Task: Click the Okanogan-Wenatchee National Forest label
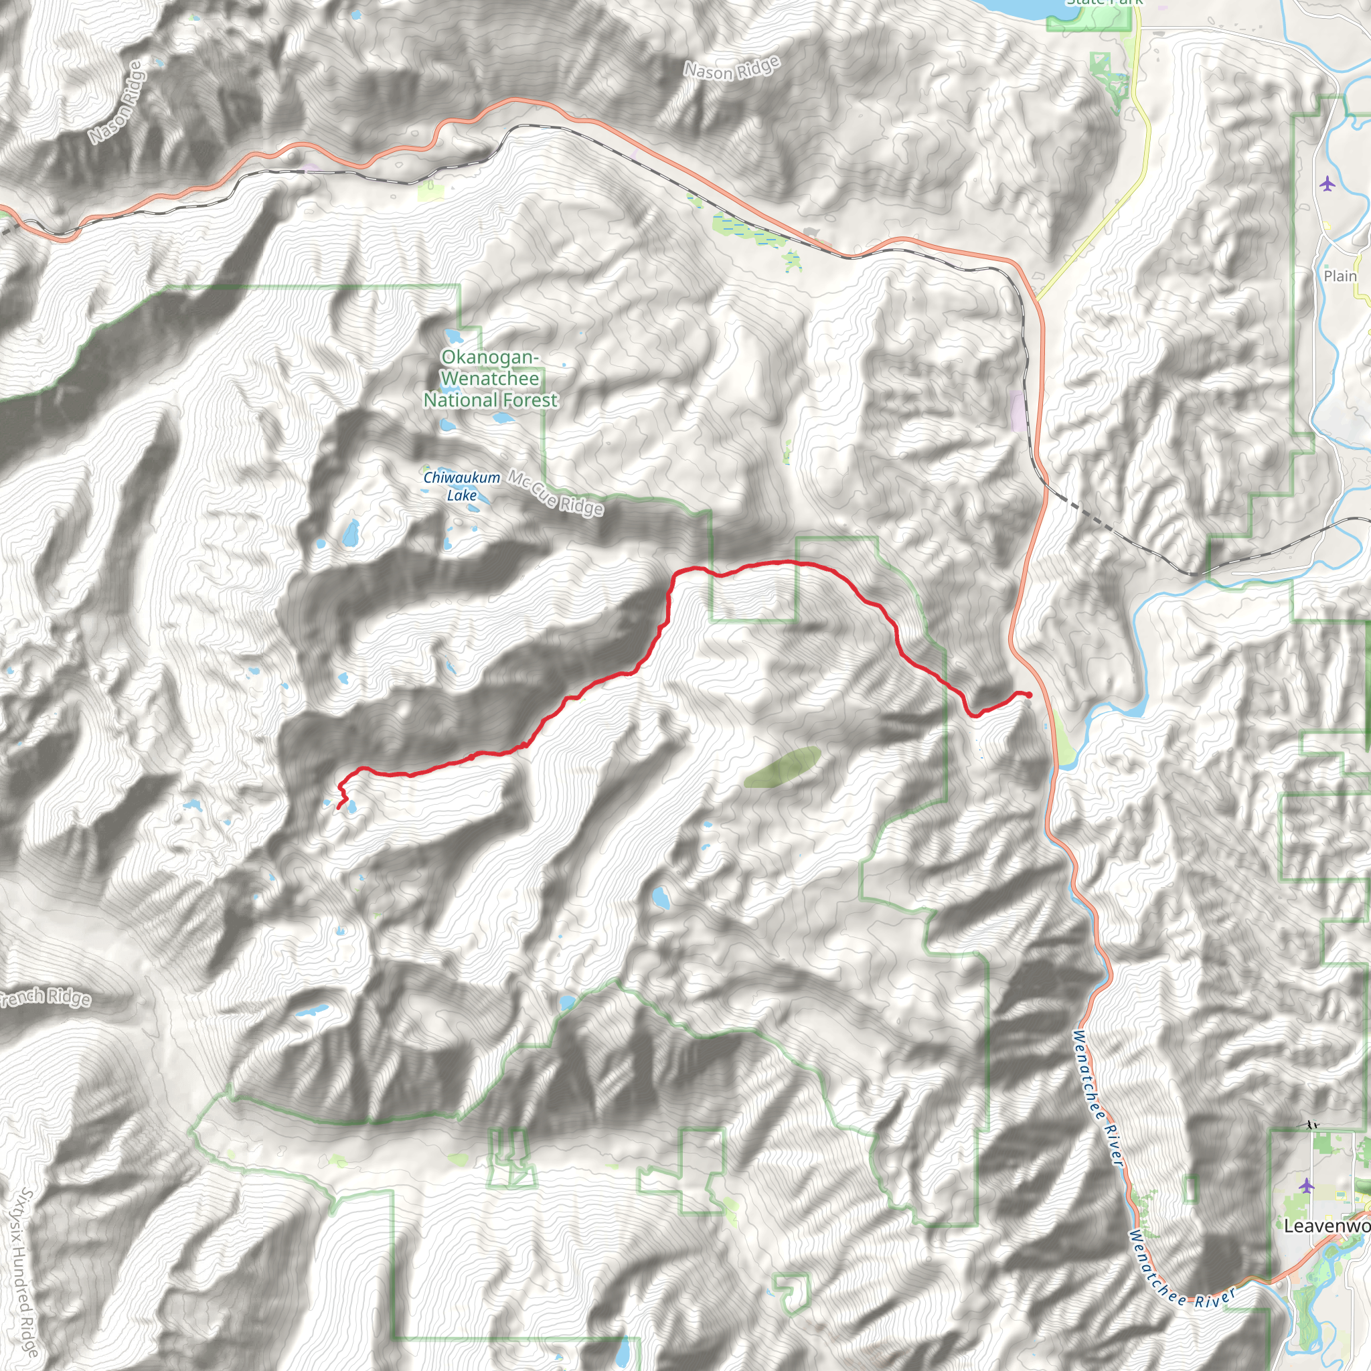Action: [490, 379]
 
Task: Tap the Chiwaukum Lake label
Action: [461, 486]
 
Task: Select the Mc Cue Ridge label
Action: [556, 493]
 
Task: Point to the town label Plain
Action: [1340, 276]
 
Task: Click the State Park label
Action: [1104, 2]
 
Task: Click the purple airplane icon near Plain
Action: [1327, 185]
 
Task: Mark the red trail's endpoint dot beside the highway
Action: [1029, 695]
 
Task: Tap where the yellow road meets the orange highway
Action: [1037, 299]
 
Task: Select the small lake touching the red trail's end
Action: [350, 805]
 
